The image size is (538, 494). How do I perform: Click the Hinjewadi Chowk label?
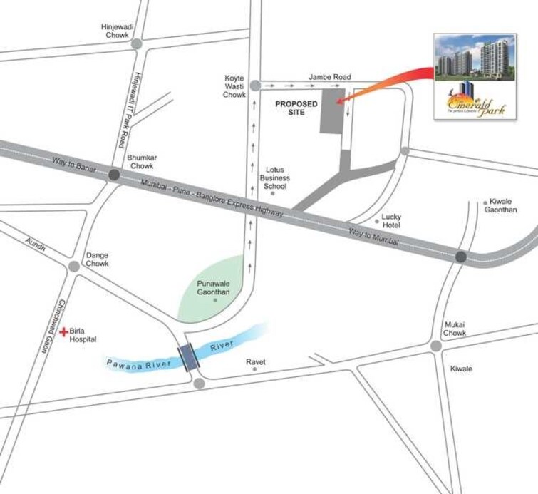click(x=118, y=31)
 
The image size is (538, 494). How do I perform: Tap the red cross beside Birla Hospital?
click(x=64, y=331)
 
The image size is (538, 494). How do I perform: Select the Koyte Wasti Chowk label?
click(x=234, y=86)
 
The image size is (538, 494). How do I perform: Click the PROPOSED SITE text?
click(x=296, y=108)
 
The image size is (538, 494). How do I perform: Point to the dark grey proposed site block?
click(x=331, y=111)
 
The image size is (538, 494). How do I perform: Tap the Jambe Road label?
click(x=330, y=76)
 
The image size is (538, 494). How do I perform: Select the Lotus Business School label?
click(x=274, y=178)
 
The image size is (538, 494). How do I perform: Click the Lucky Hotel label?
click(x=391, y=221)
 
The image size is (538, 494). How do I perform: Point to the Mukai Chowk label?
click(x=454, y=329)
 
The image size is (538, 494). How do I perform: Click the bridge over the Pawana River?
click(x=190, y=356)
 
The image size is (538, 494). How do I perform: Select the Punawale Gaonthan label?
click(x=214, y=287)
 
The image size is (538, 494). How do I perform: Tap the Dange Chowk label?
click(x=97, y=259)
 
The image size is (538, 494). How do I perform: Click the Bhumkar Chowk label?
click(x=140, y=161)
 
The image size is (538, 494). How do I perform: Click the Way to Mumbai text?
click(x=373, y=237)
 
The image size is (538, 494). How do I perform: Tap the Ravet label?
click(x=256, y=362)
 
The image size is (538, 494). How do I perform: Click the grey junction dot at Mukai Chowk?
click(x=435, y=346)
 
